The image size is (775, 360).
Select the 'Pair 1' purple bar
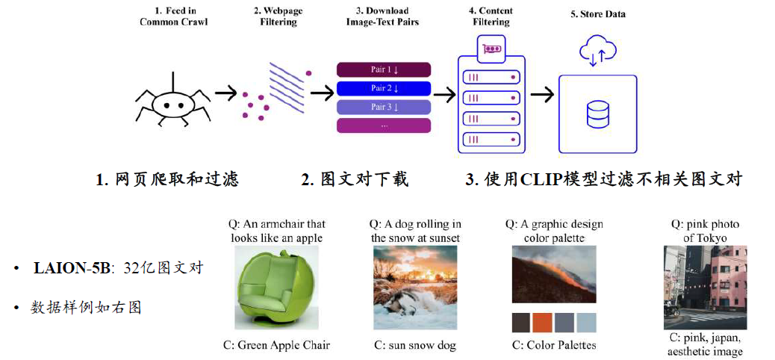(x=384, y=70)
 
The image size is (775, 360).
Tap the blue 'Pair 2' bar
(x=384, y=89)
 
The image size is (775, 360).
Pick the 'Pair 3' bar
(x=384, y=108)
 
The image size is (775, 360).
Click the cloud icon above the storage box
(x=597, y=52)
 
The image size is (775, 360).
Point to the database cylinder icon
(x=597, y=115)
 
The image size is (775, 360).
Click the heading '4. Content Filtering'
(x=491, y=16)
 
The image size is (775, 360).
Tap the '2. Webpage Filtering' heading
(x=278, y=16)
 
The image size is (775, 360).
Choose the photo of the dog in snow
(x=415, y=288)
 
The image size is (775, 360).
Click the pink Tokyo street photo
(x=706, y=288)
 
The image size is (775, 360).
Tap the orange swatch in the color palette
(x=543, y=322)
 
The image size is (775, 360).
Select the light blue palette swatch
(x=587, y=322)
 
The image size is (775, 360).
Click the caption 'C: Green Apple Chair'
(x=276, y=345)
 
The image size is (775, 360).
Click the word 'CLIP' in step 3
(x=535, y=179)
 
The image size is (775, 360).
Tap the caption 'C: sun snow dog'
(x=415, y=345)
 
